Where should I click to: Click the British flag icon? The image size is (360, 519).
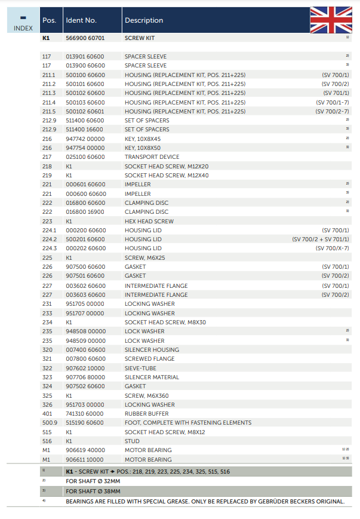tap(331, 20)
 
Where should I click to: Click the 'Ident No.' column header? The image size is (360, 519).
tap(81, 20)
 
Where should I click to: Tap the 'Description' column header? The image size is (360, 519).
tap(144, 20)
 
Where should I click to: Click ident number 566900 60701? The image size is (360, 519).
tap(85, 38)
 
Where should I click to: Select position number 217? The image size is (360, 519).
tap(47, 157)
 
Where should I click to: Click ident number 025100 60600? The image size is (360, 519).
tap(85, 157)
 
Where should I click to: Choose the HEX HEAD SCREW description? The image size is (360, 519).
tap(149, 221)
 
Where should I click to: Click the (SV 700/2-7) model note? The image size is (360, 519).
tap(332, 111)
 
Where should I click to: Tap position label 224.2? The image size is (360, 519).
tap(49, 239)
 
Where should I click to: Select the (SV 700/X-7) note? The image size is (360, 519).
tap(332, 248)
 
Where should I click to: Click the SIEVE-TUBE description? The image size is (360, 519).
tap(140, 368)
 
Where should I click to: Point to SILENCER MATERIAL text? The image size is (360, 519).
tap(151, 377)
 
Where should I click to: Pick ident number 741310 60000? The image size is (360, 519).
tap(85, 413)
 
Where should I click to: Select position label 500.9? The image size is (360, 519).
tap(49, 423)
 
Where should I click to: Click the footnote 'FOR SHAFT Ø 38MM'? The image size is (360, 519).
tap(93, 491)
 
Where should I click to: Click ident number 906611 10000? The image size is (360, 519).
tap(85, 459)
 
